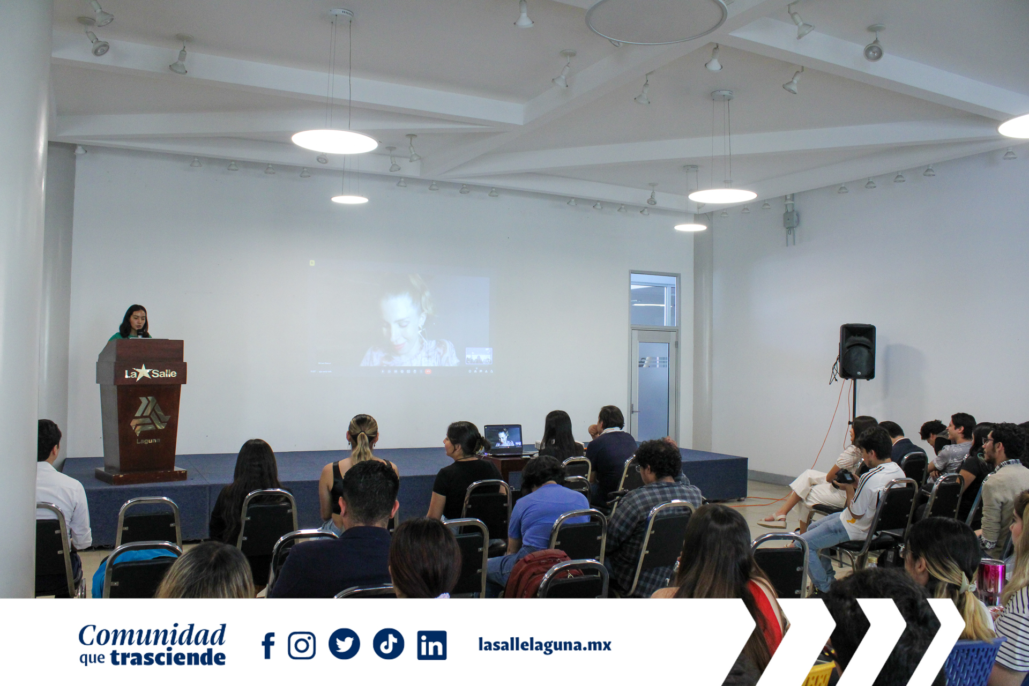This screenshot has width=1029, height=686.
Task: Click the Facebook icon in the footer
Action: [269, 645]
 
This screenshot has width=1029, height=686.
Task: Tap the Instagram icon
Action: [302, 645]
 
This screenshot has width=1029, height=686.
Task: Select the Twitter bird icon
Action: [344, 644]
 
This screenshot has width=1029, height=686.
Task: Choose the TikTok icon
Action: [389, 644]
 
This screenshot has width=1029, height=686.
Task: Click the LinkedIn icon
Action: [432, 645]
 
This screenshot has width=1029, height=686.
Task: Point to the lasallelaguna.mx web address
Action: [545, 645]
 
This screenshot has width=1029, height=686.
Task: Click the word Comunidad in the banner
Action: [152, 636]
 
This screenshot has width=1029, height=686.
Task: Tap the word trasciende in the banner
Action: [168, 658]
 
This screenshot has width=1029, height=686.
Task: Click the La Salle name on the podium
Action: [151, 373]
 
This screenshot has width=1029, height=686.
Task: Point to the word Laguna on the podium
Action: [148, 441]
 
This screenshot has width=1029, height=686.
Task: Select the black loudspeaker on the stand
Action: [857, 351]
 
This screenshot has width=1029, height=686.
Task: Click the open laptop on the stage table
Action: [504, 439]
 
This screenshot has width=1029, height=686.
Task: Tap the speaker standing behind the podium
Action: [134, 323]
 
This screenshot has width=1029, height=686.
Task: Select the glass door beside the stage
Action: [653, 383]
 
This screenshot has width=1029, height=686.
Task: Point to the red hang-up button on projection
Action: [428, 371]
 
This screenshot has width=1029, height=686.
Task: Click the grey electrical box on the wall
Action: [791, 219]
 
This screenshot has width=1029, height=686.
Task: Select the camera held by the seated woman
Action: [845, 476]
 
